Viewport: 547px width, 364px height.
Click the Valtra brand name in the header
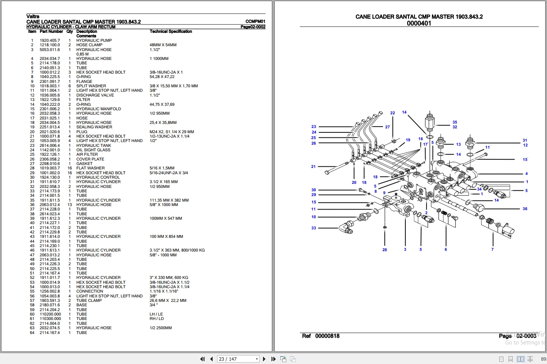tap(33, 16)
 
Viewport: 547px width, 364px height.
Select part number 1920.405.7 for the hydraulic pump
tap(50, 40)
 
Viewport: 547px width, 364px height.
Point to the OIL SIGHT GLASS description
tap(93, 150)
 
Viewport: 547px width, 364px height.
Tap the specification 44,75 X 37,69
tap(162, 104)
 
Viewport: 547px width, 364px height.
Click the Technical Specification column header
tap(170, 31)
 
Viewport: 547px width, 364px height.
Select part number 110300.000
tap(50, 318)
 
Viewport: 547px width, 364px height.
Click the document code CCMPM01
tap(255, 21)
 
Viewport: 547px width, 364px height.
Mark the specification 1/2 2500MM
tap(161, 328)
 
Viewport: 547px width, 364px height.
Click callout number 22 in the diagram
tap(392, 113)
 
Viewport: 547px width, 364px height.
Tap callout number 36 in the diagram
tap(525, 209)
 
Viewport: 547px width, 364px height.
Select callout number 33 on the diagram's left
tap(314, 228)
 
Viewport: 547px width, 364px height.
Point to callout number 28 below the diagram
tap(385, 250)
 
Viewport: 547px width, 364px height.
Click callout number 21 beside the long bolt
tap(313, 166)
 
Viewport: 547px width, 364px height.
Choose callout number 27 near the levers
tap(387, 127)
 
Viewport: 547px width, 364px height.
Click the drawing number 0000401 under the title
tap(419, 23)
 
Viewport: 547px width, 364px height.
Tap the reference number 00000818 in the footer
tap(327, 336)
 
